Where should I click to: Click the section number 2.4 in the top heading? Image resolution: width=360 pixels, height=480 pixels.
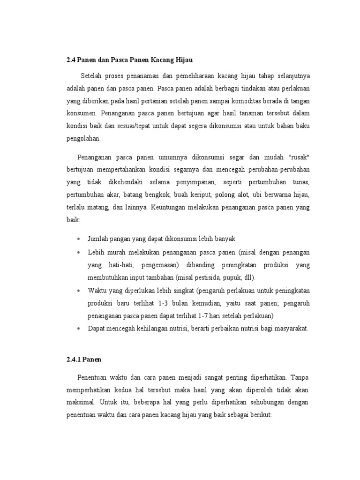[71, 60]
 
